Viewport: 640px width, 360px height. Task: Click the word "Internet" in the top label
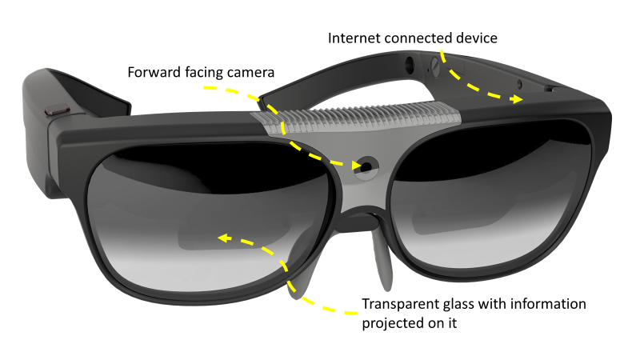click(354, 38)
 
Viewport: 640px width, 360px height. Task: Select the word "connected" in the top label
click(418, 38)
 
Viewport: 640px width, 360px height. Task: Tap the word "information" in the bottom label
click(549, 304)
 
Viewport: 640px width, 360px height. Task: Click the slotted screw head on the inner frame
click(436, 62)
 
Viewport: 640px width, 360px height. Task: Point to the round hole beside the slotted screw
click(410, 61)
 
